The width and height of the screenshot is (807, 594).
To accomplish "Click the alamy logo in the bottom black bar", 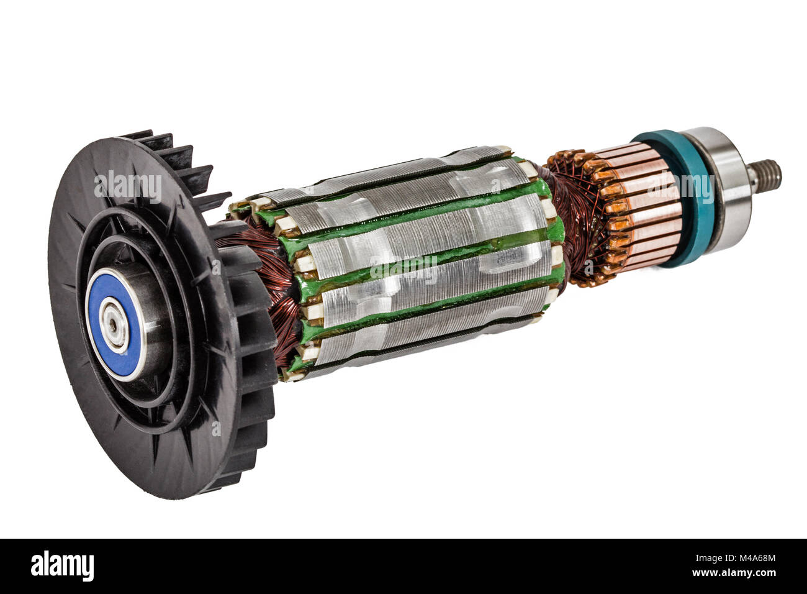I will [63, 566].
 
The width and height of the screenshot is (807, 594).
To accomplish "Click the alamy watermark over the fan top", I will [128, 185].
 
